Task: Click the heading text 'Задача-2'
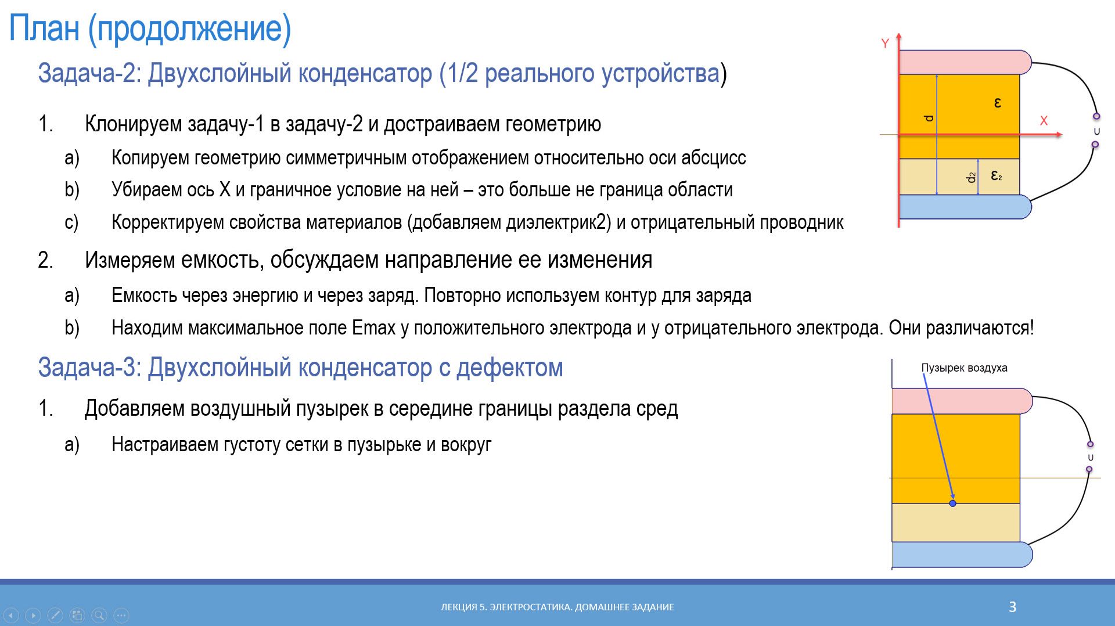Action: tap(88, 73)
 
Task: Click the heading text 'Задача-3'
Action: tap(88, 368)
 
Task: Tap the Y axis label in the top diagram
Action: tap(885, 44)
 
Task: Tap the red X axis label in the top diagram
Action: tap(1044, 121)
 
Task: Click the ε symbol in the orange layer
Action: tap(998, 103)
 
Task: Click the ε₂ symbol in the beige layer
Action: tap(996, 175)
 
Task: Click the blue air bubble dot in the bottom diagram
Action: tap(952, 503)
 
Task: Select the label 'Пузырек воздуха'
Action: tap(964, 368)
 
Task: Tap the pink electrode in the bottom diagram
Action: tap(958, 401)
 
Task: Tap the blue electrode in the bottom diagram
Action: tap(958, 555)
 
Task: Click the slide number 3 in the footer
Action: tap(1012, 607)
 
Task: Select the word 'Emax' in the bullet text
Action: tap(373, 328)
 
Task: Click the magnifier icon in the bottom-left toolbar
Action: tap(99, 615)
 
